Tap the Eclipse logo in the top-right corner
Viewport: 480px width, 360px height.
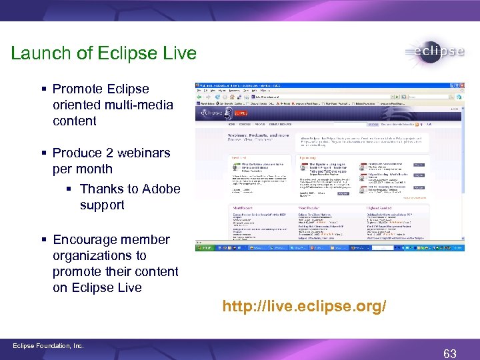434,53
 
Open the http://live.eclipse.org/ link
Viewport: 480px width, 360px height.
304,307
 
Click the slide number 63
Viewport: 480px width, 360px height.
449,353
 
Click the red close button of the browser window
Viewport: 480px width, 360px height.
461,85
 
